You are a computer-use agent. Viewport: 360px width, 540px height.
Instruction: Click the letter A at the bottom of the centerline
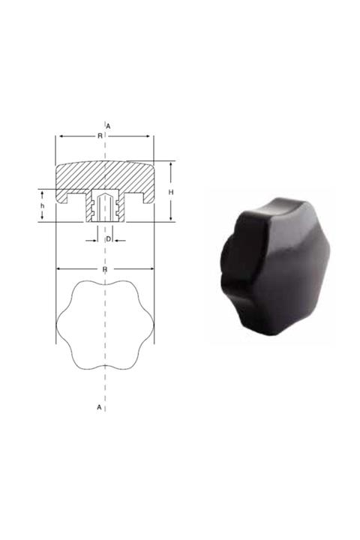click(x=99, y=407)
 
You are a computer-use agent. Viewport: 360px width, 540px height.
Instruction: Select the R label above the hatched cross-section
click(x=100, y=136)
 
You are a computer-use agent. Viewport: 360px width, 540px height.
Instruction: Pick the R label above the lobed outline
click(x=105, y=268)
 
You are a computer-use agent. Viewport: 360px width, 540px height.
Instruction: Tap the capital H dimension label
click(x=171, y=192)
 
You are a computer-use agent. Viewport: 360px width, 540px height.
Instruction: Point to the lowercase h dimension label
click(x=43, y=205)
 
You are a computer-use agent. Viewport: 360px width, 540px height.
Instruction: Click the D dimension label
click(x=109, y=238)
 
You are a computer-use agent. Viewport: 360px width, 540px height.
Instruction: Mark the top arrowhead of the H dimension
click(x=171, y=164)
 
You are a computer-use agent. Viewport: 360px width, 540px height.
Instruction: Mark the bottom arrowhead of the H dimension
click(x=171, y=219)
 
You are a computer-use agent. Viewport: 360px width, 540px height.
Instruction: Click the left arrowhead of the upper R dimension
click(x=58, y=136)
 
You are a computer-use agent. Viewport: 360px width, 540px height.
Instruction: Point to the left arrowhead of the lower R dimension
click(x=59, y=268)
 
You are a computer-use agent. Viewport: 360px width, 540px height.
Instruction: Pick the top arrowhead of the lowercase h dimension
click(x=43, y=192)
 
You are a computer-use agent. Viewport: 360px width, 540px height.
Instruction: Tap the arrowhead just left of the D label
click(x=96, y=239)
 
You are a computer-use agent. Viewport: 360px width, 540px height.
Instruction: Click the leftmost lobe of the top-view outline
click(x=61, y=324)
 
